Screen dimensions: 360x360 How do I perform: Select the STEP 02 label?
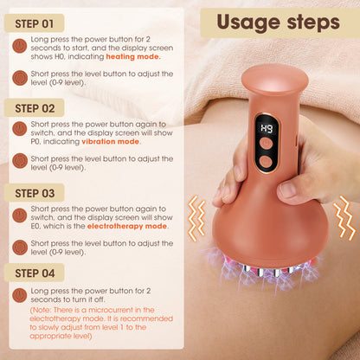[x=35, y=108]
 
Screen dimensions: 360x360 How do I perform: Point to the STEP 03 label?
[x=35, y=193]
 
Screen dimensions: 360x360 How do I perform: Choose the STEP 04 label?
[x=35, y=273]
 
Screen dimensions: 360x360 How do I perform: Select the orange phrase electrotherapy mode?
[x=127, y=226]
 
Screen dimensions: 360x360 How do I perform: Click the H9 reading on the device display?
[x=267, y=130]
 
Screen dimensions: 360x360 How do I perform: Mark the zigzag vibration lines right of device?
[x=344, y=219]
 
